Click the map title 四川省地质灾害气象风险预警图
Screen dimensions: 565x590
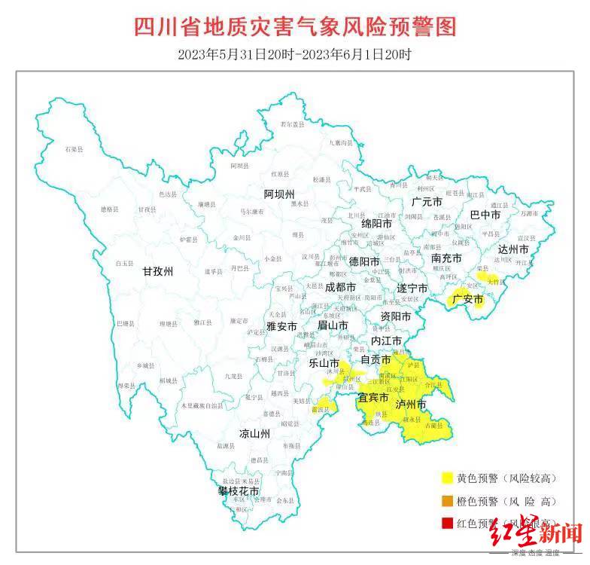pos(295,28)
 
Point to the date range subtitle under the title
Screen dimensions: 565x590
pos(295,55)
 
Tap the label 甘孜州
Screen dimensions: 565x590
pos(158,272)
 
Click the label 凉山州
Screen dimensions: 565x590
pos(254,434)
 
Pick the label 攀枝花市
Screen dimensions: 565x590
pos(239,491)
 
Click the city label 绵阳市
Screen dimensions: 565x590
pos(376,224)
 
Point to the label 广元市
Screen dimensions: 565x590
pos(427,202)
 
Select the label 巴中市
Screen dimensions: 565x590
pos(485,215)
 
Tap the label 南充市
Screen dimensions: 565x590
pos(446,258)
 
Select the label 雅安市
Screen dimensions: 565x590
pos(282,326)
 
